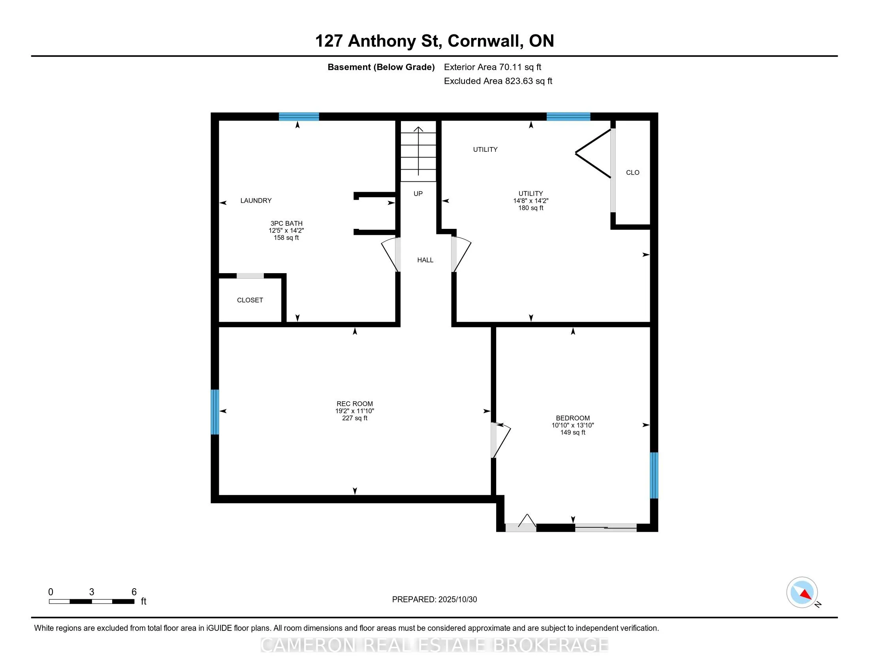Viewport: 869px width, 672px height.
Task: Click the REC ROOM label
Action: [x=355, y=404]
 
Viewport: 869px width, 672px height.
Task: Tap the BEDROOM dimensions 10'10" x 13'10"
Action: [x=573, y=425]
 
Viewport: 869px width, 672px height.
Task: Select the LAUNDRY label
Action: [x=256, y=201]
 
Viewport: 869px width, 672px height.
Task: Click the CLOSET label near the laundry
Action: [x=250, y=300]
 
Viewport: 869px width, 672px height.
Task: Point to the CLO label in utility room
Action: [x=633, y=172]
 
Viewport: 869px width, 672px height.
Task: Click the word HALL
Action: [x=425, y=260]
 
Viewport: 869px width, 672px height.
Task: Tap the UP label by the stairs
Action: [x=418, y=193]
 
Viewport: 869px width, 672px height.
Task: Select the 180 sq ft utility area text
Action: [x=530, y=208]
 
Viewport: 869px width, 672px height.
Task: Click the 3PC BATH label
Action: [x=286, y=223]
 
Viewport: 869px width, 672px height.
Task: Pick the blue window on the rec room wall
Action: [x=214, y=412]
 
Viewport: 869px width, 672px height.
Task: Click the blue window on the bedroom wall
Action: [x=654, y=475]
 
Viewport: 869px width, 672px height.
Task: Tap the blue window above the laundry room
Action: [x=299, y=117]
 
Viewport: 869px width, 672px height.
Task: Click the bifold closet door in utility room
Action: [x=594, y=153]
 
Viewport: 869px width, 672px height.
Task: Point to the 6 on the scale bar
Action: [x=134, y=592]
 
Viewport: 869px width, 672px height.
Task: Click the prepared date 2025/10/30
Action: [x=457, y=600]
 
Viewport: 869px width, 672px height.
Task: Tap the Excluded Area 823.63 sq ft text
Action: [x=498, y=81]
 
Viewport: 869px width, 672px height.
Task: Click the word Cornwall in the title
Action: [x=485, y=41]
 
